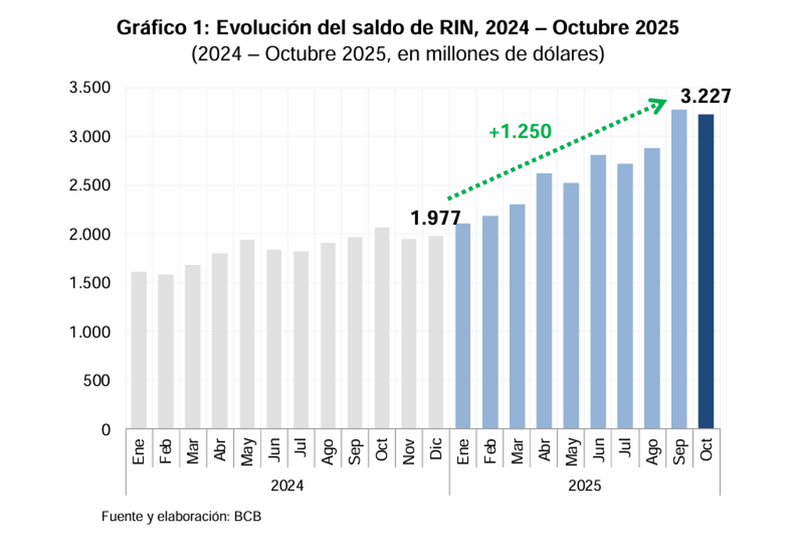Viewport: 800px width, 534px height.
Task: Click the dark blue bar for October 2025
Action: (705, 272)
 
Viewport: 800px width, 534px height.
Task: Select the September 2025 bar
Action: (678, 269)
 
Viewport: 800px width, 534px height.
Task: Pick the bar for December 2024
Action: (435, 332)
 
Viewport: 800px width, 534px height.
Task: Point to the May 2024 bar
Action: (247, 335)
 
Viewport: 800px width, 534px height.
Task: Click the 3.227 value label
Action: (706, 97)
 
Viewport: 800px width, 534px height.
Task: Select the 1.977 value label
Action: (435, 219)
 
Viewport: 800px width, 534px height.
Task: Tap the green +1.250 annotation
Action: (520, 132)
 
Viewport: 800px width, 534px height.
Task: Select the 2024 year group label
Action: (287, 486)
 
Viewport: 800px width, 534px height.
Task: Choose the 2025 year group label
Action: (584, 486)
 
